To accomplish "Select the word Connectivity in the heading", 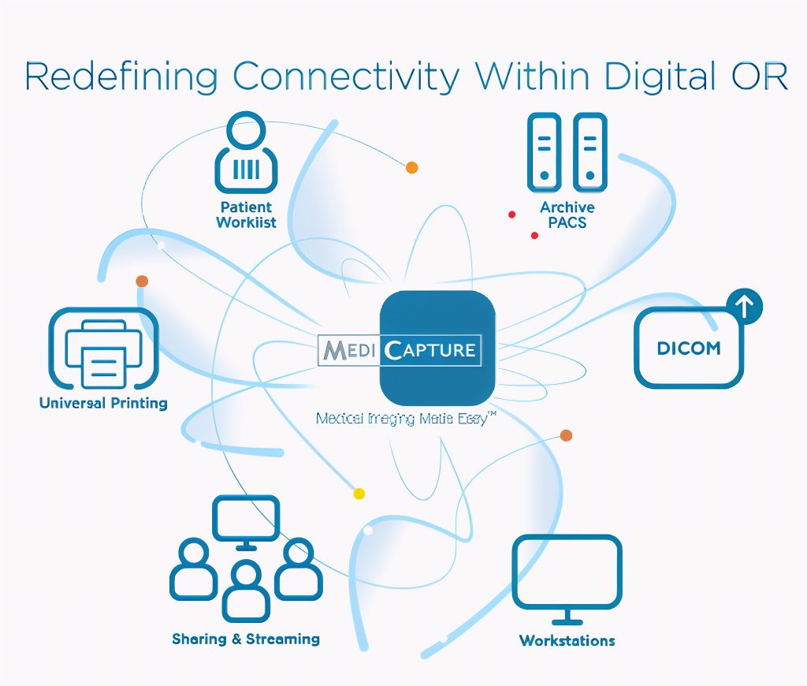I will coord(346,76).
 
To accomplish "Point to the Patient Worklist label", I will coord(246,214).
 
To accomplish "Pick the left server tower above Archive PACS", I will coord(543,152).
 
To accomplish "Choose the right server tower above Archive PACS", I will coord(589,152).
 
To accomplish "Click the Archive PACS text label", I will coord(567,214).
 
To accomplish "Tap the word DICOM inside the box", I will coord(689,348).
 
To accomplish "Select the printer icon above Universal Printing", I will coord(103,349).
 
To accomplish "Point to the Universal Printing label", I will coord(103,403).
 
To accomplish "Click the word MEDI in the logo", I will coord(348,350).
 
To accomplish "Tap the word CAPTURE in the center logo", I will coord(431,350).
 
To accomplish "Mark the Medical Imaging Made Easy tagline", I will coord(406,419).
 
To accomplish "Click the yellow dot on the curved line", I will coord(359,494).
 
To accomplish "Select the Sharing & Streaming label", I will coord(246,639).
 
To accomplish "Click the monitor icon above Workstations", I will coord(567,575).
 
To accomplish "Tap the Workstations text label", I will coord(567,640).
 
